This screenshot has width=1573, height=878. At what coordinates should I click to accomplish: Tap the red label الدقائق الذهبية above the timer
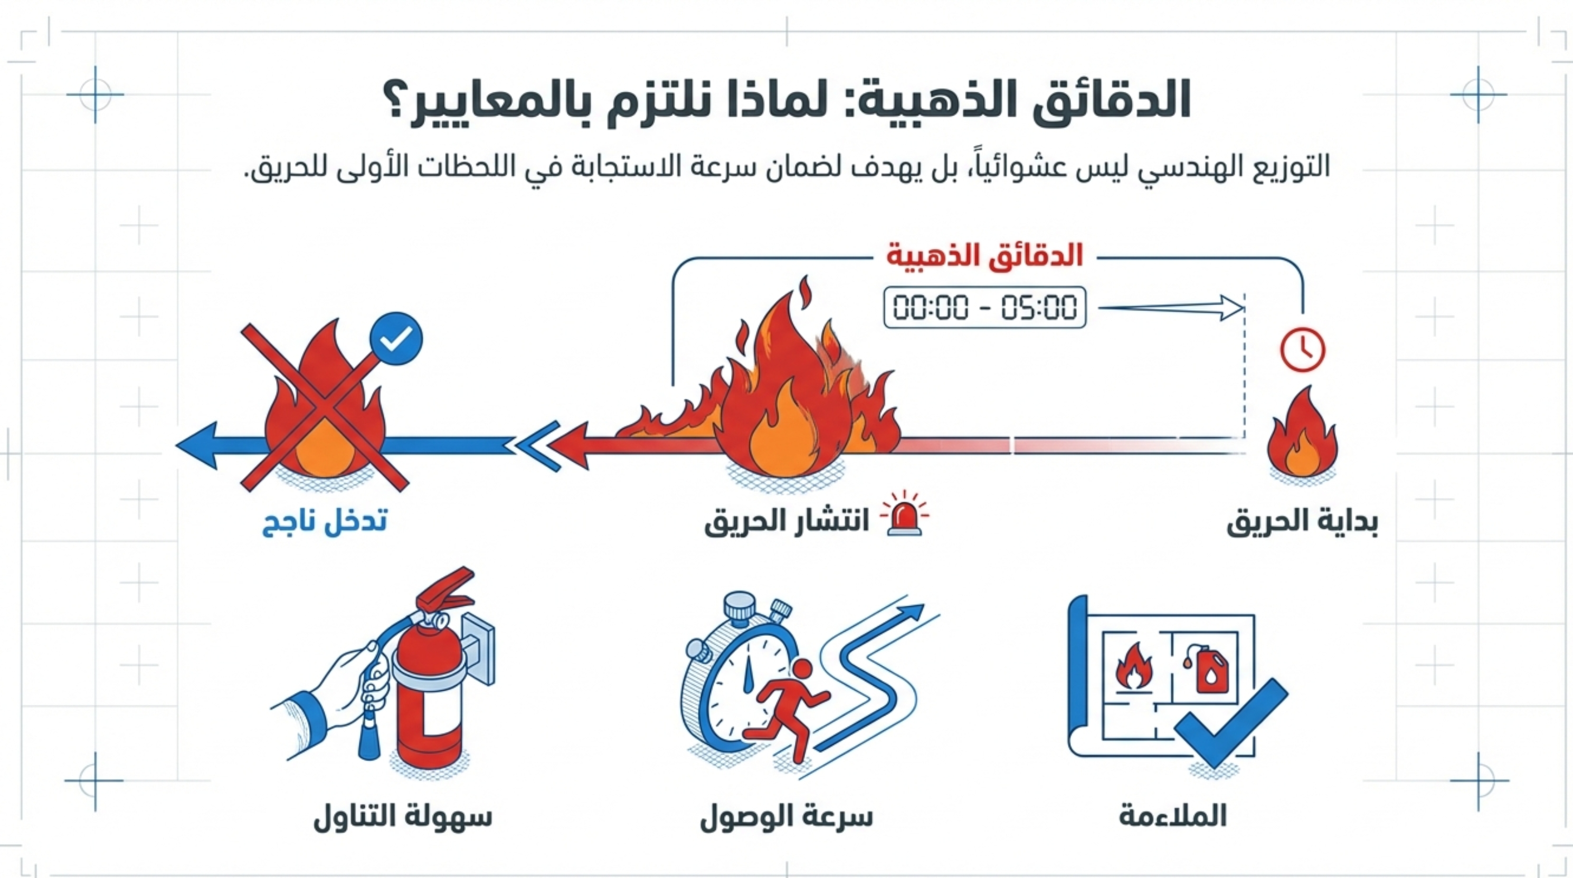(984, 255)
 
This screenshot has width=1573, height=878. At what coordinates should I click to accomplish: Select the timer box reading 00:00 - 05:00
(984, 307)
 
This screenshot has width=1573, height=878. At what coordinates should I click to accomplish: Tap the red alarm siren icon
(905, 514)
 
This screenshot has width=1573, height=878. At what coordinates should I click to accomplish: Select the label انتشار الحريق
(786, 523)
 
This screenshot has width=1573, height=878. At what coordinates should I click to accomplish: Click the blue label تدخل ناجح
(325, 523)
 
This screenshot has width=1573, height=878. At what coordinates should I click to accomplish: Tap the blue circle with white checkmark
(396, 339)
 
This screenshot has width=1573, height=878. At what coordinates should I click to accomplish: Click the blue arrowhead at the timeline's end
(196, 446)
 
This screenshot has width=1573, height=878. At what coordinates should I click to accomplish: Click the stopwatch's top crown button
(740, 606)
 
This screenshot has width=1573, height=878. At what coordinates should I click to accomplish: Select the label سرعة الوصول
(786, 817)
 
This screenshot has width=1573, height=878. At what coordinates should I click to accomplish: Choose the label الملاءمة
(1172, 817)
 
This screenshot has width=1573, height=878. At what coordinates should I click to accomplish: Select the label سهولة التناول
(403, 817)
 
